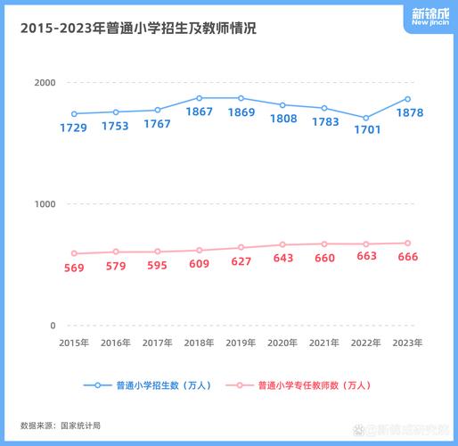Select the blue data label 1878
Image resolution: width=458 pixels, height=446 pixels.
pos(408,113)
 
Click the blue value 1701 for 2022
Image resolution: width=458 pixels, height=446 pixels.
pos(366,129)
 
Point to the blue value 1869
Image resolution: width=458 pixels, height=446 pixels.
pos(241,112)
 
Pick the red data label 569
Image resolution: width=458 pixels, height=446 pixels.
pos(73,268)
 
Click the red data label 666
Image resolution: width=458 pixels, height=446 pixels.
pos(408,257)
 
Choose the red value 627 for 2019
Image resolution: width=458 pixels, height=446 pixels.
pos(241,261)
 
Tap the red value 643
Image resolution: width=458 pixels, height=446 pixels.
pos(282,258)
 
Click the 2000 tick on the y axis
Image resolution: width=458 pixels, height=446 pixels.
pos(45,83)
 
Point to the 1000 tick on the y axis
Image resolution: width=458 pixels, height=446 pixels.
pos(45,204)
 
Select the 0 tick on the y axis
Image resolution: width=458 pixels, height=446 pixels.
pos(52,326)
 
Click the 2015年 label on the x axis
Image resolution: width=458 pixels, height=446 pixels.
pos(73,343)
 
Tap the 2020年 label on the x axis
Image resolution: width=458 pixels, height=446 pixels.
pos(282,343)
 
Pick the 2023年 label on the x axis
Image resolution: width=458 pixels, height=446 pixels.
pos(407,343)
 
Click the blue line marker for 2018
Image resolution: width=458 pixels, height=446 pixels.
pos(199,98)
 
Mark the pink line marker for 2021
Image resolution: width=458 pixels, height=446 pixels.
pos(324,244)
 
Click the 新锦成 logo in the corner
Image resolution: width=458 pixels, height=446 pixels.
pos(430,17)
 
